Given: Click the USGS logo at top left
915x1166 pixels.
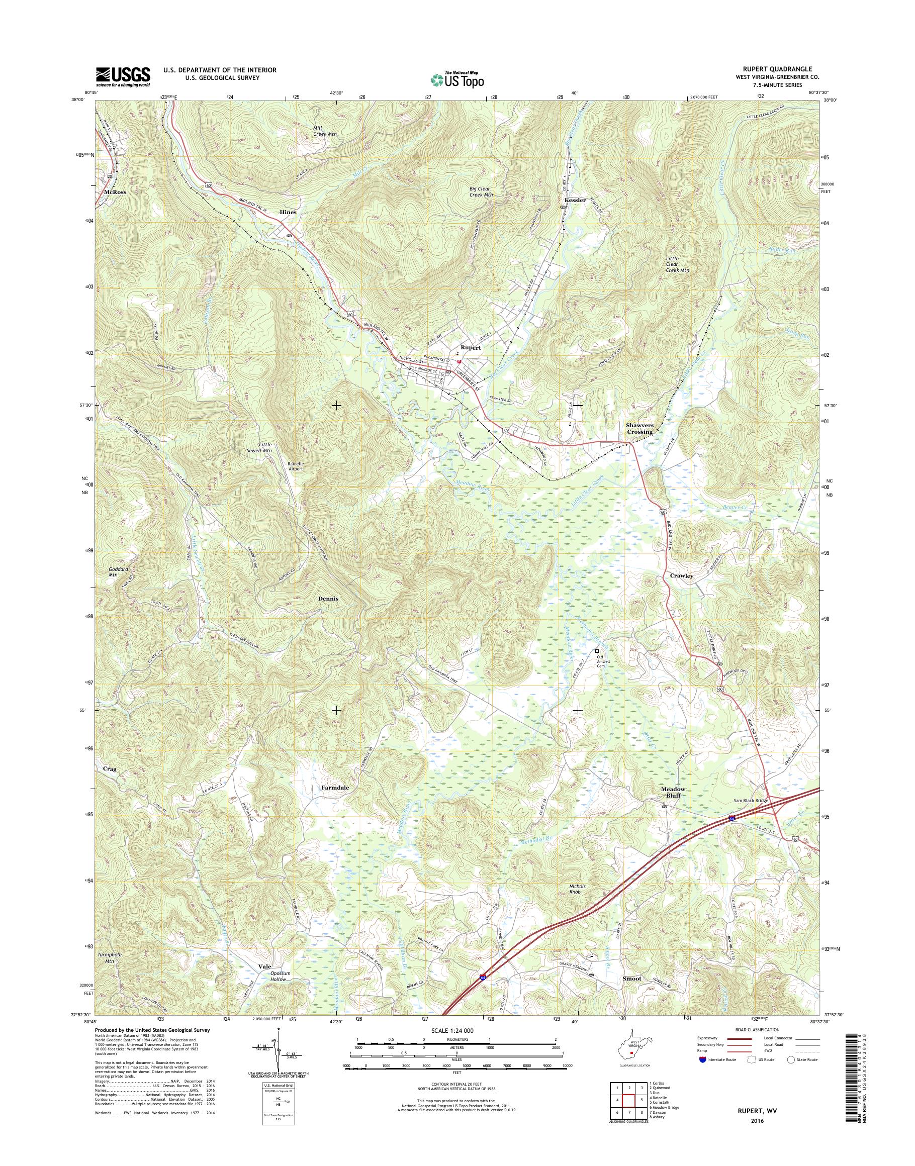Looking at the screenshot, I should [x=123, y=76].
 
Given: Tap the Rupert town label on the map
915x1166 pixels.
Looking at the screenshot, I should [x=471, y=348].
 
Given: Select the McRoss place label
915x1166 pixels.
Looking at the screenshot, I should [x=116, y=192].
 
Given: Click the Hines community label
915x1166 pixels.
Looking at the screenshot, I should [x=288, y=212].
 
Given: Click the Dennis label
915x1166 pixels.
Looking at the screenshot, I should [x=328, y=598].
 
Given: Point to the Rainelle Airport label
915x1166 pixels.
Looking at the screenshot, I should [x=295, y=466].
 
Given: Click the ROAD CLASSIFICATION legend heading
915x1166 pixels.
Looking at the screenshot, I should [x=757, y=1029].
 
